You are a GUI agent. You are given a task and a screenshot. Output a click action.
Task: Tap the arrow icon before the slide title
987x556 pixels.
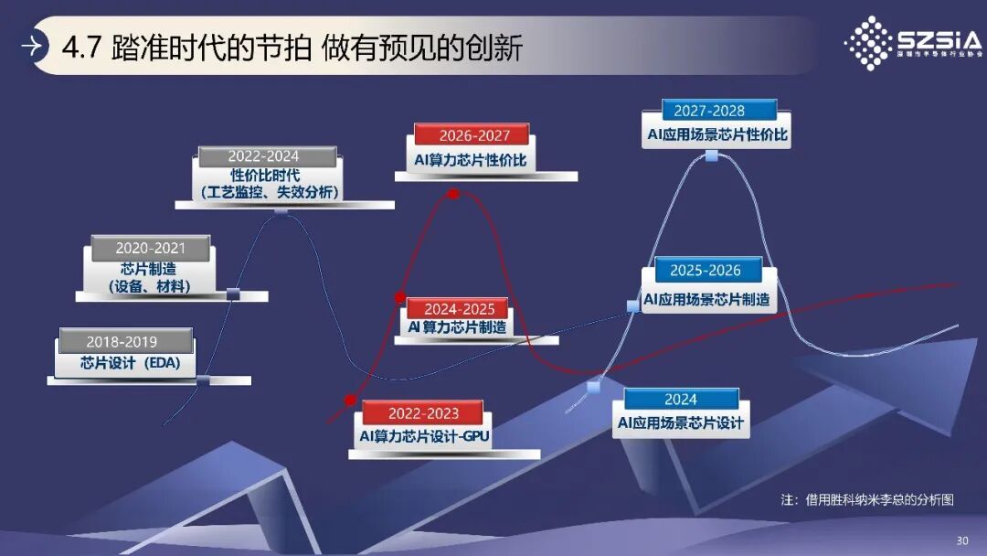click(x=32, y=47)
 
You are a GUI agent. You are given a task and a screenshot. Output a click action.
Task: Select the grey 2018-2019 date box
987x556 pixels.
click(x=126, y=342)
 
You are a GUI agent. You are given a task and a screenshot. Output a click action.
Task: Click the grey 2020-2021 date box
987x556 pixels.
click(x=151, y=248)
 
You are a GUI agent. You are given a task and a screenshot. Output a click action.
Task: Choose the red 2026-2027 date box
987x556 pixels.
click(x=472, y=135)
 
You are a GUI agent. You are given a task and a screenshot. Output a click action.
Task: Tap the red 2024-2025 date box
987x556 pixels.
click(x=459, y=309)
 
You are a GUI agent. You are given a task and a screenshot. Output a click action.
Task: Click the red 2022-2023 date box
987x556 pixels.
click(x=423, y=413)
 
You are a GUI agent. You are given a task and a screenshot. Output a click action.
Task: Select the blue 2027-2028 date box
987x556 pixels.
click(x=709, y=111)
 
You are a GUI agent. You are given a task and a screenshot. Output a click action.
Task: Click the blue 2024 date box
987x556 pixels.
click(x=681, y=400)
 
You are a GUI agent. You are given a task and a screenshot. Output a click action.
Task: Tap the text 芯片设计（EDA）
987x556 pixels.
click(x=131, y=363)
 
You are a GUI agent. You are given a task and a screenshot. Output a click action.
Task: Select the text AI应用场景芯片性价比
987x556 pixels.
click(x=717, y=135)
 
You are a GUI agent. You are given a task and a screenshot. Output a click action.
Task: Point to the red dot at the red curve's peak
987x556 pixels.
click(x=453, y=194)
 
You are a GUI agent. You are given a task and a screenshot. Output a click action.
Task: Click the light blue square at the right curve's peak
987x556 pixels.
click(x=711, y=155)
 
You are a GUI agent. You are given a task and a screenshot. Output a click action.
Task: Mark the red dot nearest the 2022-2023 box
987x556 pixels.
click(x=349, y=400)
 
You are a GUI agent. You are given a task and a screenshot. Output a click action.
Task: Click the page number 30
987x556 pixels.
click(x=961, y=540)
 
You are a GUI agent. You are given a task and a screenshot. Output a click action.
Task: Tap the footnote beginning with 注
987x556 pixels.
click(x=867, y=500)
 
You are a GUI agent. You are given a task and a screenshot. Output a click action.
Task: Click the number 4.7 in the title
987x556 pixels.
click(x=80, y=48)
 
